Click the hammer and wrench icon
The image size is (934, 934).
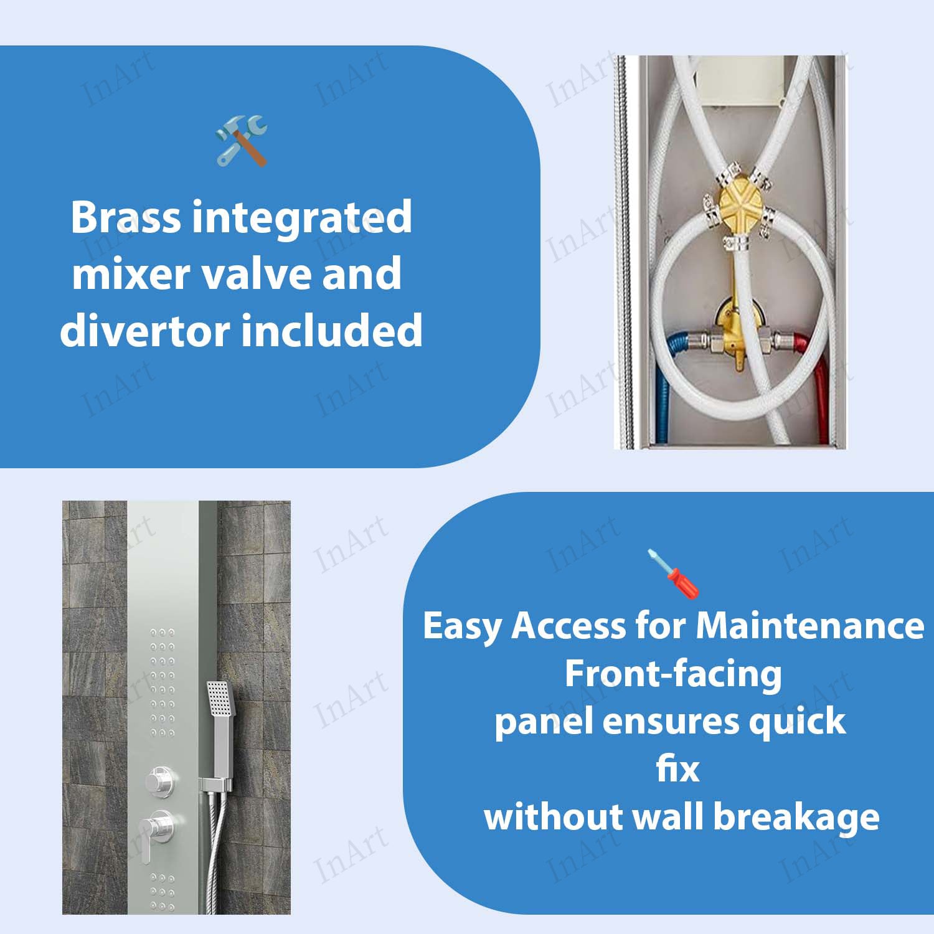(x=241, y=140)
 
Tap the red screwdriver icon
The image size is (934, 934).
(x=673, y=573)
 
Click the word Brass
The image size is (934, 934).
(x=126, y=217)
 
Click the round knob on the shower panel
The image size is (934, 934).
(x=160, y=781)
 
